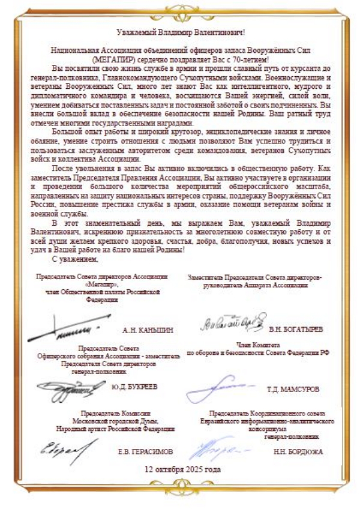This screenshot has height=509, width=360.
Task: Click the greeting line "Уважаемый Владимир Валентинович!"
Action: pyautogui.click(x=180, y=31)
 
